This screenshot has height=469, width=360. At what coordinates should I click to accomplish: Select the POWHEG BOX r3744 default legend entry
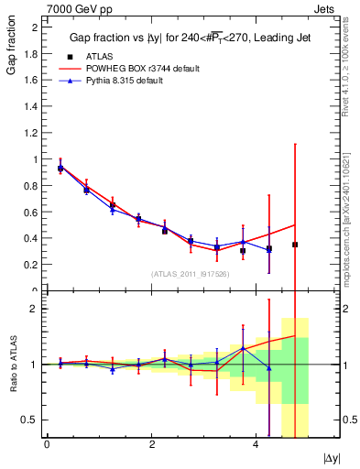[x=142, y=69]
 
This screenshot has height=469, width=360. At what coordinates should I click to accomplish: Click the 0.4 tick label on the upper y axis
[x=33, y=239]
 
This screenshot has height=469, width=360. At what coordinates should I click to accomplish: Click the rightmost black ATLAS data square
[x=295, y=245]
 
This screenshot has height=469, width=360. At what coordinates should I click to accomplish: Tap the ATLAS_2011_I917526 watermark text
[x=191, y=273]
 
